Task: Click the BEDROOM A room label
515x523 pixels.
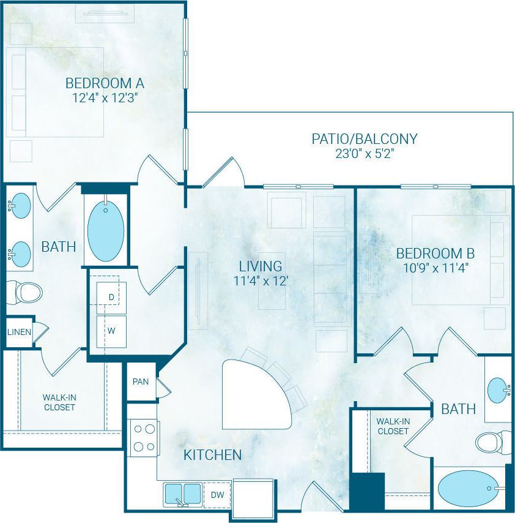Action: pyautogui.click(x=105, y=83)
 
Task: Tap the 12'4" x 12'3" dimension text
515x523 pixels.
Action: pyautogui.click(x=105, y=98)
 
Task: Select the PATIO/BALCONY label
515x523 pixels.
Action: pyautogui.click(x=365, y=138)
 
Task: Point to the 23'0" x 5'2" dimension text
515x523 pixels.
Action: pyautogui.click(x=365, y=154)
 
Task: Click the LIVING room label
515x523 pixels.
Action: pyautogui.click(x=261, y=266)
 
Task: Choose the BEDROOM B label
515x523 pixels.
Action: pyautogui.click(x=435, y=253)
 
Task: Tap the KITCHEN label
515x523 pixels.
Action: pyautogui.click(x=213, y=455)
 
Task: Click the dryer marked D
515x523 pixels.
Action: pyautogui.click(x=111, y=297)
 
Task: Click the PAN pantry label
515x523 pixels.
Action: pyautogui.click(x=141, y=382)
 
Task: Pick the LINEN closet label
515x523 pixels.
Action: pyautogui.click(x=18, y=332)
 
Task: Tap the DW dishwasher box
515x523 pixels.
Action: pyautogui.click(x=217, y=494)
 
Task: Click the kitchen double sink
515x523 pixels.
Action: pyautogui.click(x=183, y=493)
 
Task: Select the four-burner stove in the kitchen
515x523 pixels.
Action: pyautogui.click(x=144, y=438)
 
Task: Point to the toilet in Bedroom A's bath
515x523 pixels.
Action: pyautogui.click(x=26, y=293)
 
